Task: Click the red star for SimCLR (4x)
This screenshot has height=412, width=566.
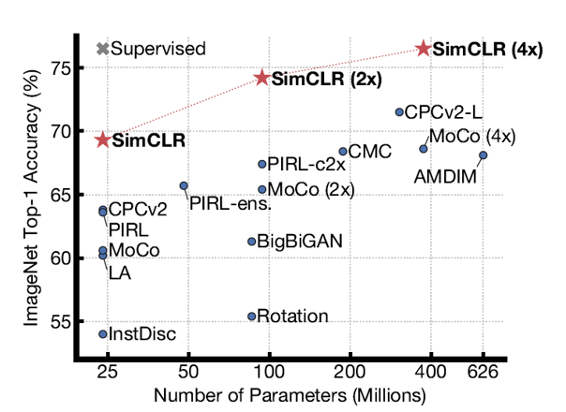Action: point(424,48)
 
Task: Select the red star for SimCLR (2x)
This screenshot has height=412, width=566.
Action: point(262,78)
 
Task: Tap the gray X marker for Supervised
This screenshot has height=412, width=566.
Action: point(102,48)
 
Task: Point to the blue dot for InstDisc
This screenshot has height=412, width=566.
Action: point(102,333)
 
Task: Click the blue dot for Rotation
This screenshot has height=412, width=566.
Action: point(251,316)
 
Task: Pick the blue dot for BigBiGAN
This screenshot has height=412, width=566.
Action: point(251,242)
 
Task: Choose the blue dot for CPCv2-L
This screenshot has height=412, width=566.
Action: point(399,112)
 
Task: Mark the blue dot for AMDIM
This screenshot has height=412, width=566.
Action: point(483,155)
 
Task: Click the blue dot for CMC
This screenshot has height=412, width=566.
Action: point(343,151)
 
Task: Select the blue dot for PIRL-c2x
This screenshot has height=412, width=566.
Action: point(261,164)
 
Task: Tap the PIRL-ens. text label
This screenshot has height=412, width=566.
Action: point(230,202)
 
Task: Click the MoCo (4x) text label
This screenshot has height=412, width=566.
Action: point(472,137)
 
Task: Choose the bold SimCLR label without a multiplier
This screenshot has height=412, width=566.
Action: point(148,142)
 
